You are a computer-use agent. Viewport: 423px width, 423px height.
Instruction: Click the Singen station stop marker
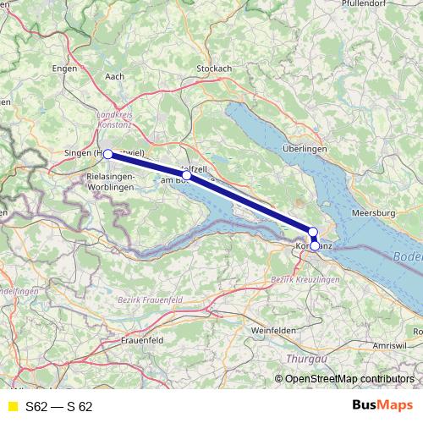pos(107,155)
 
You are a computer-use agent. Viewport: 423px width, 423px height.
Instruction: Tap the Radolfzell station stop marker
pos(187,175)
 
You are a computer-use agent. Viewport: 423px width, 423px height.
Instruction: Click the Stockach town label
pos(214,69)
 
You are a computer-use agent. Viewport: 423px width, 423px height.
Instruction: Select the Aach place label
pos(114,77)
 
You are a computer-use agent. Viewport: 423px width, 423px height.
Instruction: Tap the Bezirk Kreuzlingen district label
pos(304,279)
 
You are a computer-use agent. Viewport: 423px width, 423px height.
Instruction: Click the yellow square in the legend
pos(12,406)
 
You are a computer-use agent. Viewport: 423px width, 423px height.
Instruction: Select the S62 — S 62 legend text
pos(58,406)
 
